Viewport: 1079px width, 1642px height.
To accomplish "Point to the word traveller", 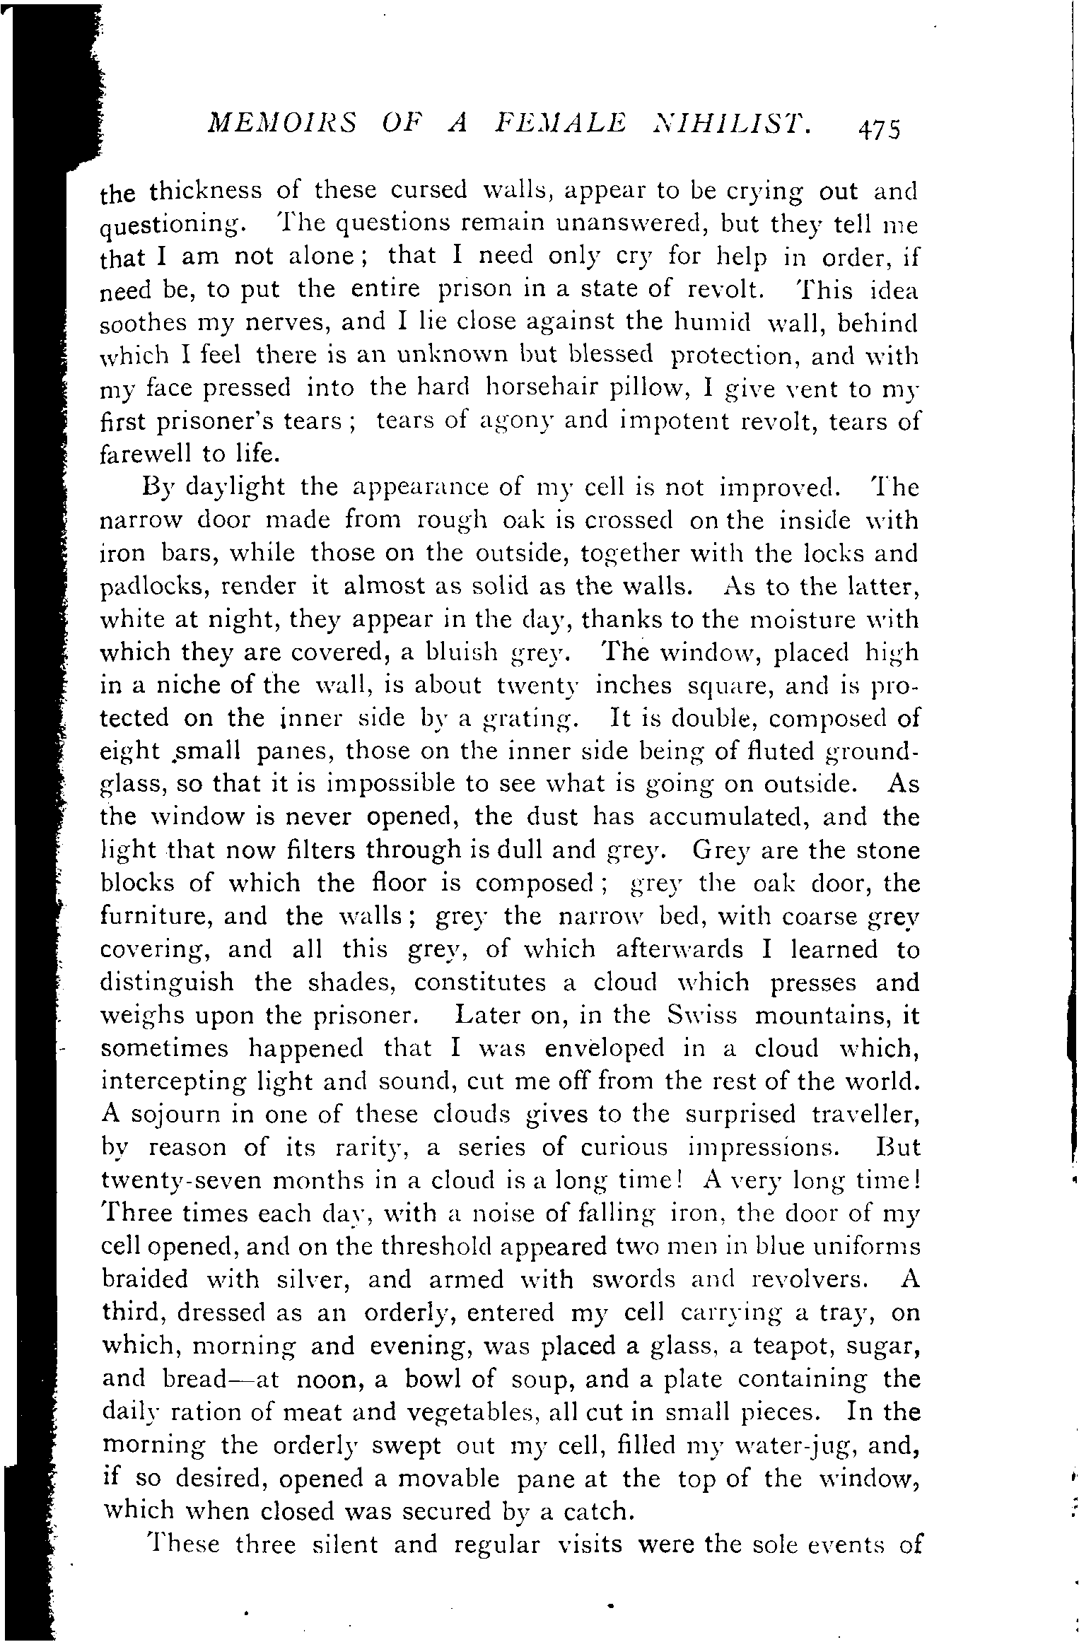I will point(865,1115).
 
